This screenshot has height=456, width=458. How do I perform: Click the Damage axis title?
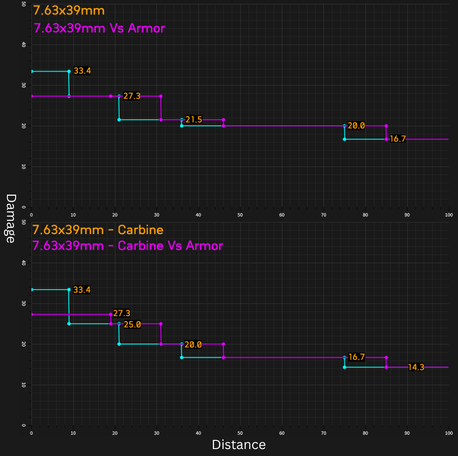pos(10,218)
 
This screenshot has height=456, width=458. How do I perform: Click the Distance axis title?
pos(239,445)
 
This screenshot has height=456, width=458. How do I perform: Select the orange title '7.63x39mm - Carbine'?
pos(98,230)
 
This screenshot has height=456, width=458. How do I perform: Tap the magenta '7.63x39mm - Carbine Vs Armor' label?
pos(128,246)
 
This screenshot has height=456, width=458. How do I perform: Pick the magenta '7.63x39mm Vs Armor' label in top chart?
pos(99,29)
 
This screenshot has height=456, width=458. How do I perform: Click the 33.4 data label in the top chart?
pos(82,71)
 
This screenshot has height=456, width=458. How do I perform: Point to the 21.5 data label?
pos(194,119)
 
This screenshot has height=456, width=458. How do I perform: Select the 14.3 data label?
pos(416,367)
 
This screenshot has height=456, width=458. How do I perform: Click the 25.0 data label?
pos(132,324)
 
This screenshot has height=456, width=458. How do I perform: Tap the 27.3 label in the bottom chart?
pos(122,313)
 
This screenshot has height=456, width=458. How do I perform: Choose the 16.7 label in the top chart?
pos(398,139)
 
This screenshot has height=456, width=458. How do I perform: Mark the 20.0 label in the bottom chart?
pos(193,344)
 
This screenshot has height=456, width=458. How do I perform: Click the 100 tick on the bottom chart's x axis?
pos(449,433)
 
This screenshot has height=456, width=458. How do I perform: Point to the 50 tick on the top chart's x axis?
pos(240,215)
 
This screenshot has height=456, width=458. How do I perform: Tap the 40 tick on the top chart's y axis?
pos(23,45)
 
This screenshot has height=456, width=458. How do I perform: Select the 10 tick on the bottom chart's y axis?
pos(23,385)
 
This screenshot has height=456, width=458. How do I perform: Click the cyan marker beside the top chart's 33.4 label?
pos(69,71)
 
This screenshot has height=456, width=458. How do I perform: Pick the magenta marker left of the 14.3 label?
pos(386,367)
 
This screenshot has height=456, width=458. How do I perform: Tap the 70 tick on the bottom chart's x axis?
pos(324,433)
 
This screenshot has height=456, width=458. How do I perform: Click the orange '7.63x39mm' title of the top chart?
pos(69,10)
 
